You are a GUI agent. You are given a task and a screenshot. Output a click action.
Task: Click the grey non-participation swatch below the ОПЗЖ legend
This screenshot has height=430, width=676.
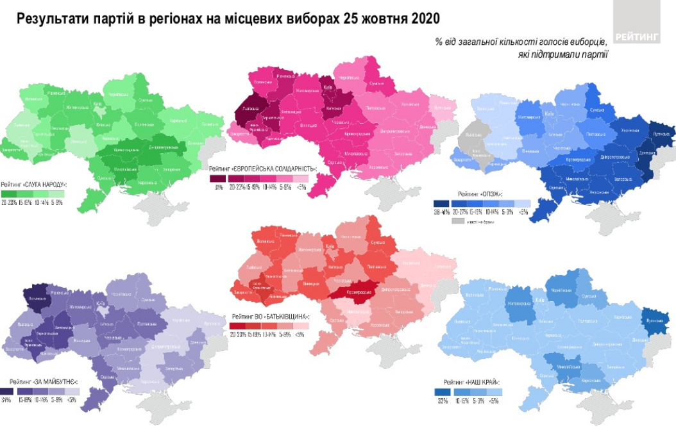[x=458, y=221]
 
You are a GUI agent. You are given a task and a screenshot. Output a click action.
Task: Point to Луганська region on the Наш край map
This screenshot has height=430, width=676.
[x=654, y=320]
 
